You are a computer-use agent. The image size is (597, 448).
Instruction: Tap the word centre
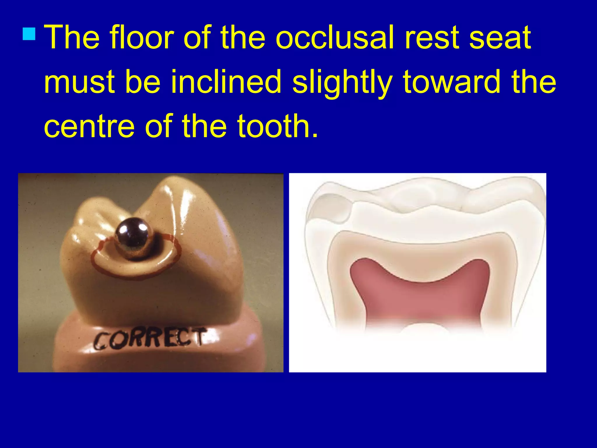[89, 126]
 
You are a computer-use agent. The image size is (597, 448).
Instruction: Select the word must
[79, 83]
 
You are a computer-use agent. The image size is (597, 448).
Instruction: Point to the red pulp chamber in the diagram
[420, 295]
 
